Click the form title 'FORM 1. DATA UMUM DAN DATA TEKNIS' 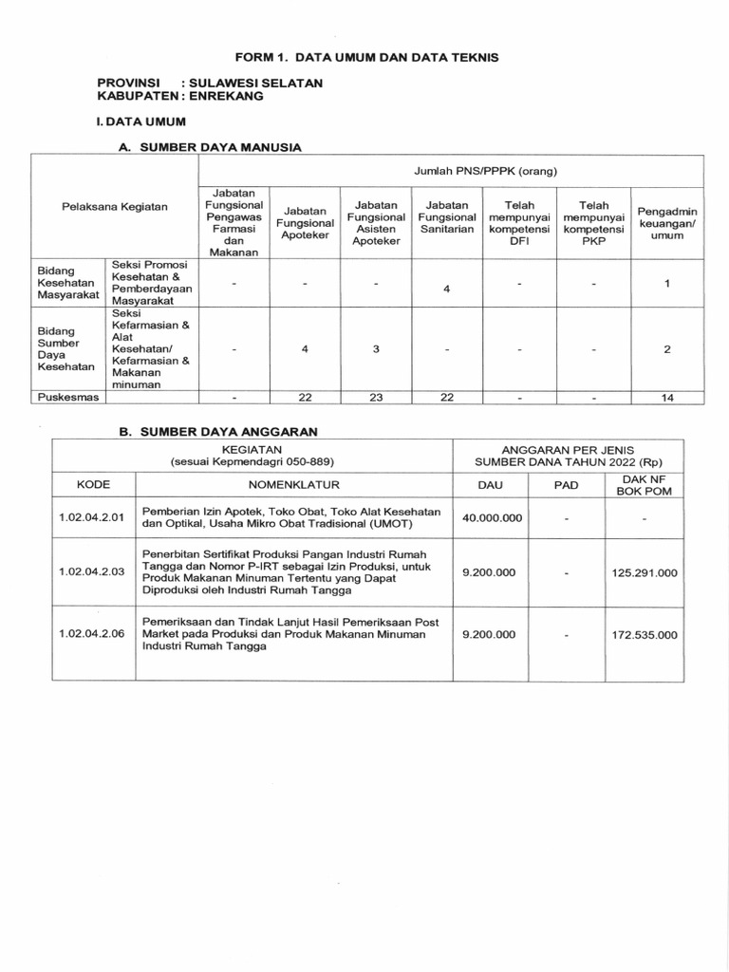tap(365, 58)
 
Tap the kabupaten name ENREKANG tap(237, 97)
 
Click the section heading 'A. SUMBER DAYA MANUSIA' tap(210, 148)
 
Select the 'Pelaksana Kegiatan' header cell tap(115, 206)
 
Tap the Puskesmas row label tap(67, 398)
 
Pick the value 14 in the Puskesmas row tap(667, 398)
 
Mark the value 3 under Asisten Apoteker tap(375, 348)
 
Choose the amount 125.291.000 tap(645, 572)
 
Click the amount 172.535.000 tap(645, 635)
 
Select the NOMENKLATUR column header tap(294, 484)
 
